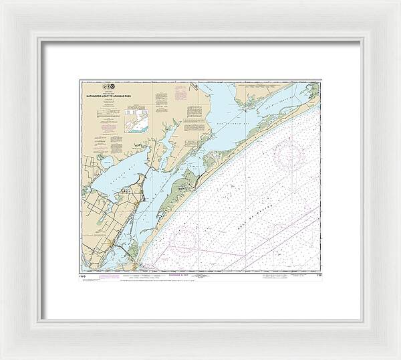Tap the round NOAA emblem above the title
(112, 87)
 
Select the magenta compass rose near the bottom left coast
(185, 238)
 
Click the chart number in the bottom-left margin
(83, 273)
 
